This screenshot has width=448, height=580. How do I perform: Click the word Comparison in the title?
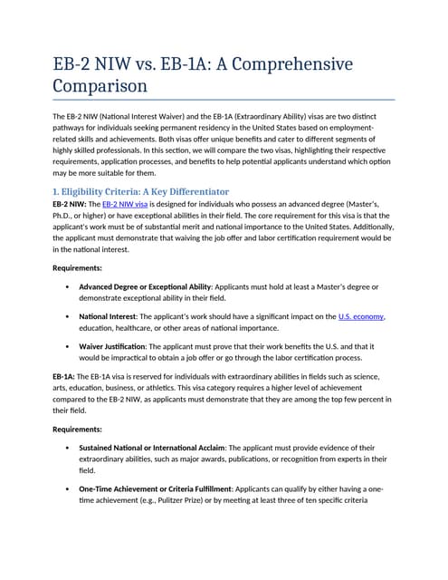(100, 87)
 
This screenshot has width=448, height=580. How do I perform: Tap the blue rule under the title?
(224, 99)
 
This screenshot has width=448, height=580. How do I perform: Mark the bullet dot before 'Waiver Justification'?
(67, 346)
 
